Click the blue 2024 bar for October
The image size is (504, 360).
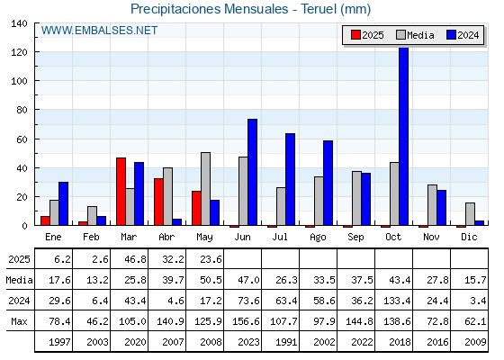tap(404, 136)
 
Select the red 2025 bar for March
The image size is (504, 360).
tap(121, 192)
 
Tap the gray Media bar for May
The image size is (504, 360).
tap(206, 189)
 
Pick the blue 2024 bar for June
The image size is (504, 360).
tap(252, 172)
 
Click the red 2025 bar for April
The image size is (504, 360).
tap(158, 202)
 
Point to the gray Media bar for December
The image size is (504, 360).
tap(470, 214)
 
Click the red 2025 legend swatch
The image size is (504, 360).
tap(355, 35)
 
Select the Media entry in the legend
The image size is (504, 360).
tap(415, 35)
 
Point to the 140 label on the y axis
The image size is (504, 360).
tap(19, 23)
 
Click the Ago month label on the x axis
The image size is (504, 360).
tap(318, 238)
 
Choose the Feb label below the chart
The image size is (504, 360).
tap(91, 237)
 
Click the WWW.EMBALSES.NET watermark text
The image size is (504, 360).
tap(99, 31)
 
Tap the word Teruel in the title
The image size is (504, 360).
tap(319, 9)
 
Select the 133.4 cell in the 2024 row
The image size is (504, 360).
tap(397, 301)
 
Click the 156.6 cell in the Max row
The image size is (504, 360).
tap(246, 321)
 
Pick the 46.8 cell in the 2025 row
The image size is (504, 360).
tap(135, 259)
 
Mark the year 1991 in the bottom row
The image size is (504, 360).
tap(286, 342)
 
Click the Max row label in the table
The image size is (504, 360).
tap(19, 321)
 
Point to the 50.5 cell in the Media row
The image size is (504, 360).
tap(211, 280)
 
